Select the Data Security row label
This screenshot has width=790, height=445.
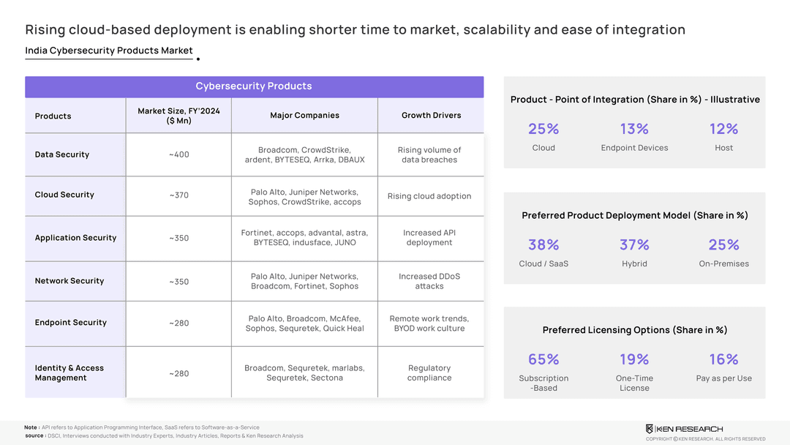[x=62, y=154]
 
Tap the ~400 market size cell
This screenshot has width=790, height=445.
[x=179, y=154]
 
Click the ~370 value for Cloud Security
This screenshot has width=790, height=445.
[x=179, y=195]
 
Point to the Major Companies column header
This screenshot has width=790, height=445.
[x=304, y=116]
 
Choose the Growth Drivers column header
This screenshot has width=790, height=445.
[x=431, y=116]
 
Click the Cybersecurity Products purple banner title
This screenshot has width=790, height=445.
[x=254, y=86]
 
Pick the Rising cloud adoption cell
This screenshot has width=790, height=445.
[x=429, y=196]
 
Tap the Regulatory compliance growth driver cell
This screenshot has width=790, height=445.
[x=429, y=373]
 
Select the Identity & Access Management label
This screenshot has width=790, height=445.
[x=69, y=373]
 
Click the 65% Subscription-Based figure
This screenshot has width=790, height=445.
[x=543, y=359]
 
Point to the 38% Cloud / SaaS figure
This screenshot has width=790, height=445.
[x=543, y=244]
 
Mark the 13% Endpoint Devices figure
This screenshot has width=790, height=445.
[x=634, y=129]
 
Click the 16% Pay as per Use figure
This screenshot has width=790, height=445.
[x=723, y=359]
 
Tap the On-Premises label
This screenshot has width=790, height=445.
[x=723, y=263]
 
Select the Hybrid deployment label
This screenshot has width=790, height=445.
[x=634, y=263]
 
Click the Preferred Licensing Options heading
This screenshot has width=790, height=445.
[x=634, y=330]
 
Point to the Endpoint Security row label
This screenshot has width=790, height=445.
[x=71, y=323]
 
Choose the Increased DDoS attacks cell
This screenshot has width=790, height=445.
[x=429, y=281]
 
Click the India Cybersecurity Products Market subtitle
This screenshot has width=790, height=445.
[x=109, y=51]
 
